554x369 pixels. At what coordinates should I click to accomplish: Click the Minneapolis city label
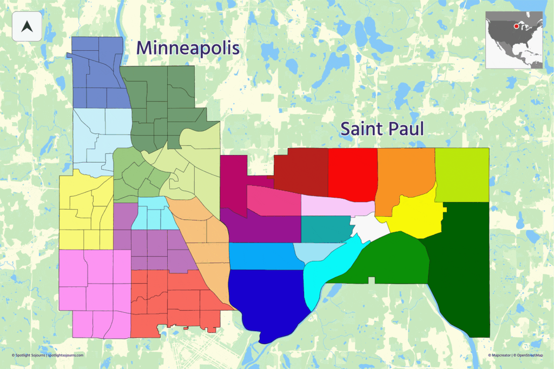click(x=188, y=48)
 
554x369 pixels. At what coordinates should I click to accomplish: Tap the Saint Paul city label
click(x=381, y=129)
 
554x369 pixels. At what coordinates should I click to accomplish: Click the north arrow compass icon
click(x=27, y=26)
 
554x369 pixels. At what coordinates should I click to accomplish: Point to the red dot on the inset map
click(x=516, y=25)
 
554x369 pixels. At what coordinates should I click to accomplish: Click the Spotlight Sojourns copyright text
click(x=48, y=355)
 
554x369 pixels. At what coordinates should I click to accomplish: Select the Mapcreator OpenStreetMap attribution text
click(x=515, y=355)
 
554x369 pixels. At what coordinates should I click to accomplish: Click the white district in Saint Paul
click(x=370, y=227)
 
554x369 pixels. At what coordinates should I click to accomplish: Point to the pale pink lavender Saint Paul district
click(x=335, y=206)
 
